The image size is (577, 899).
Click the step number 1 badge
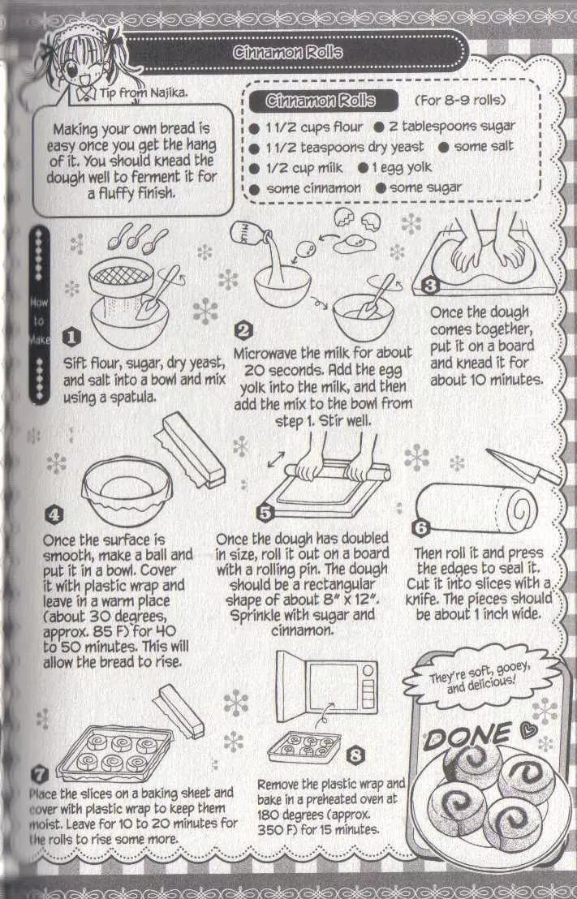(71, 338)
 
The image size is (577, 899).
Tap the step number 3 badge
(429, 285)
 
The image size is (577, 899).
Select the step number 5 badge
(265, 512)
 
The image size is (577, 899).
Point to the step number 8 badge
(355, 755)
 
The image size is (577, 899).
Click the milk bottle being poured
(249, 235)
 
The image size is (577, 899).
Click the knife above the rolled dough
(522, 466)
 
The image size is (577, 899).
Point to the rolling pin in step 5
(338, 471)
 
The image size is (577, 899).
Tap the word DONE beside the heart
(467, 738)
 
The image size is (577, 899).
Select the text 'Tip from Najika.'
(144, 92)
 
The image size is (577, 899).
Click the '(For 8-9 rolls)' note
(460, 100)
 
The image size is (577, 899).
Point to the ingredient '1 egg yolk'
(402, 167)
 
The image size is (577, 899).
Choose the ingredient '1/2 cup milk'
(304, 168)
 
